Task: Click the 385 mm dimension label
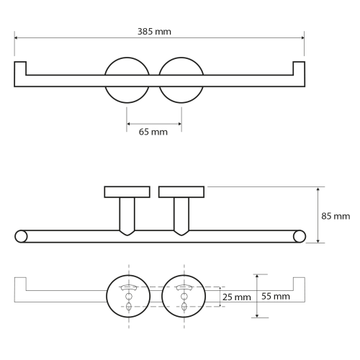[x=154, y=32]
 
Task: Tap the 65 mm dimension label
[x=153, y=132]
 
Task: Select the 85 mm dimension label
[x=336, y=216]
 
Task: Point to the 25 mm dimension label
[x=237, y=297]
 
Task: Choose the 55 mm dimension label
[x=276, y=296]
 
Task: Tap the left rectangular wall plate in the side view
[x=127, y=192]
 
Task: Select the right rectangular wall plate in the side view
[x=181, y=192]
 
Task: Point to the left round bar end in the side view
[x=21, y=236]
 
